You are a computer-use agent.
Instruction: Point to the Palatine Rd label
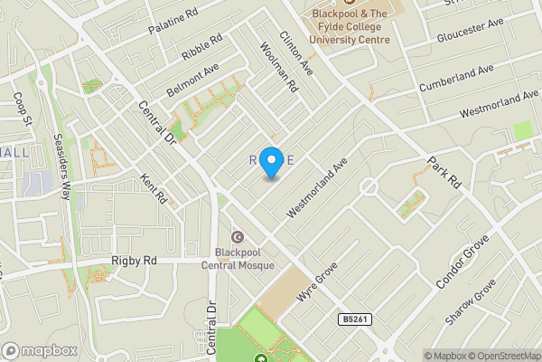click(173, 22)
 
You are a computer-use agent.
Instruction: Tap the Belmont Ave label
click(192, 80)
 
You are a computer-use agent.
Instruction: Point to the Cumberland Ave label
click(456, 77)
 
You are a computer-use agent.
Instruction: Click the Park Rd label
click(444, 172)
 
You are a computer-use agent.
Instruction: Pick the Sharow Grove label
click(471, 302)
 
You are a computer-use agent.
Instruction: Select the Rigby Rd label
click(134, 261)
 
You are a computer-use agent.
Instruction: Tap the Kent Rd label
click(154, 188)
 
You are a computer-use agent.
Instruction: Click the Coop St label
click(23, 108)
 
